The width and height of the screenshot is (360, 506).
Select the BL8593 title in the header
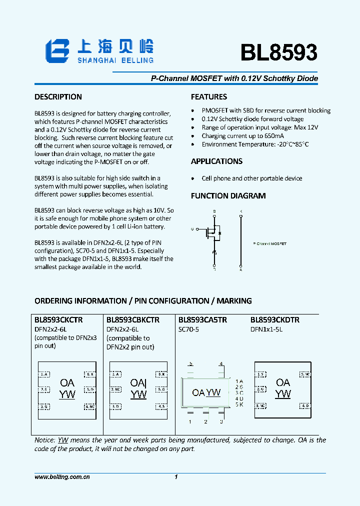pyautogui.click(x=278, y=52)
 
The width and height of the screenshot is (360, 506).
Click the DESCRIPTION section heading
pyautogui.click(x=58, y=97)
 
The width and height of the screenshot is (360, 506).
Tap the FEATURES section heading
pyautogui.click(x=208, y=97)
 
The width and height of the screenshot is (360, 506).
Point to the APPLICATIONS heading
pyautogui.click(x=216, y=161)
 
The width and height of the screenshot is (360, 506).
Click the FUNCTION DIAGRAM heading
pyautogui.click(x=228, y=196)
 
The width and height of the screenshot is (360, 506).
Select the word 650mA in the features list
pyautogui.click(x=273, y=136)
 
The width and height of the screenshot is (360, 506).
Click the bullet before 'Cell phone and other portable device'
pyautogui.click(x=193, y=178)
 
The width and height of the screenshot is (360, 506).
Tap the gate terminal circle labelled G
pyautogui.click(x=192, y=229)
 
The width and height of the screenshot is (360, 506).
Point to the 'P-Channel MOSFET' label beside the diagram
pyautogui.click(x=270, y=243)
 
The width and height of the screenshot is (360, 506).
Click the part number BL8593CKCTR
pyautogui.click(x=58, y=320)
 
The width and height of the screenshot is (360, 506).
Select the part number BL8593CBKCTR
pyautogui.click(x=133, y=320)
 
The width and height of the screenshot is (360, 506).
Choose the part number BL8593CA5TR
pyautogui.click(x=202, y=320)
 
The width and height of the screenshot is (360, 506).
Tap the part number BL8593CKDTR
pyautogui.click(x=275, y=320)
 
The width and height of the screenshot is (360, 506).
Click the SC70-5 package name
pyautogui.click(x=189, y=329)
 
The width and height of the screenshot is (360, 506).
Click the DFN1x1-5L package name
pyautogui.click(x=266, y=329)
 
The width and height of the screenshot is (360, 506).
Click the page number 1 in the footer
pyautogui.click(x=176, y=477)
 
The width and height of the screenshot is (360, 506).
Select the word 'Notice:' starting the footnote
pyautogui.click(x=44, y=440)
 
